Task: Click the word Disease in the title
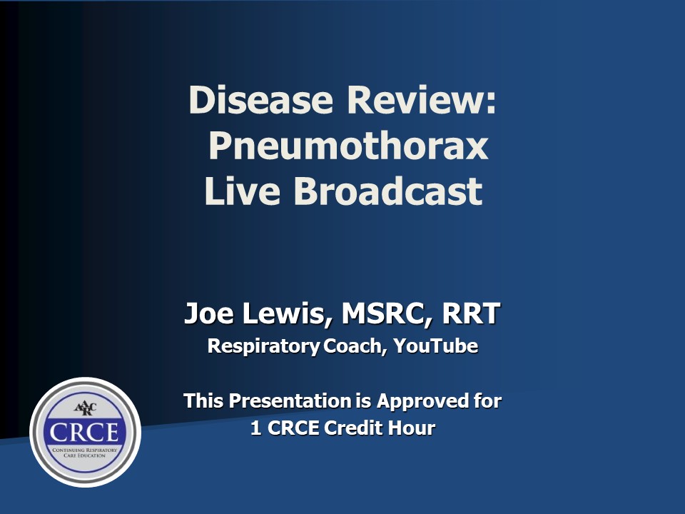[x=261, y=100]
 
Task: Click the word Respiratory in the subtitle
[x=264, y=347]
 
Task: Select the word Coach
[x=355, y=346]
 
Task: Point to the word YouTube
[x=435, y=346]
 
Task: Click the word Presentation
[x=290, y=400]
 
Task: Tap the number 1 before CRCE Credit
[x=256, y=428]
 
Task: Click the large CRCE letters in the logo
[x=84, y=433]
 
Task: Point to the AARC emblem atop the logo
[x=85, y=408]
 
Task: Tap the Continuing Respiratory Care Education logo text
[x=85, y=453]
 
